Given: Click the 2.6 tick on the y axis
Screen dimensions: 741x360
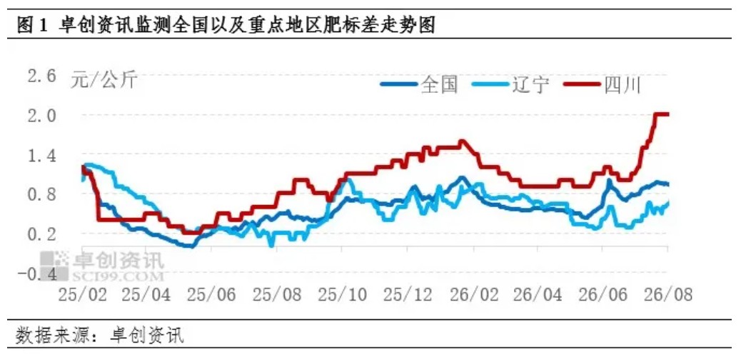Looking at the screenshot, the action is [42, 76].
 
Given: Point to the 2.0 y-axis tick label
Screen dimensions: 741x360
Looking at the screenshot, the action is [42, 116].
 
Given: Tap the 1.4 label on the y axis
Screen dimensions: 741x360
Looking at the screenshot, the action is [42, 155].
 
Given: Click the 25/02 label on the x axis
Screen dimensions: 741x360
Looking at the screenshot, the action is [83, 295].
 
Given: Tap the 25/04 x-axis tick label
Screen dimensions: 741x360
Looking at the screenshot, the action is [146, 295].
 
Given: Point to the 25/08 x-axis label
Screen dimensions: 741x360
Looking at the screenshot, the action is [276, 295].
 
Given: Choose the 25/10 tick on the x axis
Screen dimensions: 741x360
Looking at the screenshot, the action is [342, 295].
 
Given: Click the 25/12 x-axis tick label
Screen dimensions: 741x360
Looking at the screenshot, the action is [408, 295].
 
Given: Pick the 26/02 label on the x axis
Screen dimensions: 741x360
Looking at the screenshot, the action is [473, 295].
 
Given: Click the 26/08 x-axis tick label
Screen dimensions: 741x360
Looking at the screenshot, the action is [667, 295].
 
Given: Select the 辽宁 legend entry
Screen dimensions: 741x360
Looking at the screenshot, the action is [511, 86].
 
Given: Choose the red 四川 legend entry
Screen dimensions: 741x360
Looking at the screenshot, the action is [603, 86].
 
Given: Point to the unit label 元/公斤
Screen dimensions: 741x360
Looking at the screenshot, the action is [104, 81].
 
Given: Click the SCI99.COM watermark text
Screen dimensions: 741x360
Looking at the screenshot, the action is [118, 276].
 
